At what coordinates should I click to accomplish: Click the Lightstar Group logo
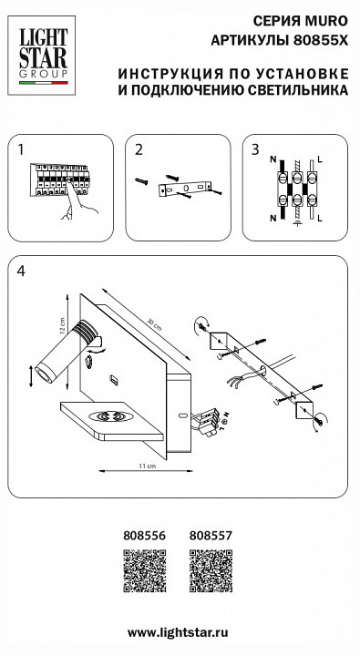[41, 56]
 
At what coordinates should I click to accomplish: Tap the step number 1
[21, 149]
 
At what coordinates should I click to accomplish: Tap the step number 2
[139, 149]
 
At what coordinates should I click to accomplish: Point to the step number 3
[255, 149]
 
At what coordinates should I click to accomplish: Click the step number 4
[21, 272]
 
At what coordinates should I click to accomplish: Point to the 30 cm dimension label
[154, 324]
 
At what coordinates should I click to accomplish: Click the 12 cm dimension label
[62, 325]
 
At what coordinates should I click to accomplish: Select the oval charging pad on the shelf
[109, 416]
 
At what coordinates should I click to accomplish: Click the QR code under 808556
[144, 570]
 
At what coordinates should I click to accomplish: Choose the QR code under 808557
[211, 570]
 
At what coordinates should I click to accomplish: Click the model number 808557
[211, 536]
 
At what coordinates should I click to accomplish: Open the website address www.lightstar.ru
[178, 632]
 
